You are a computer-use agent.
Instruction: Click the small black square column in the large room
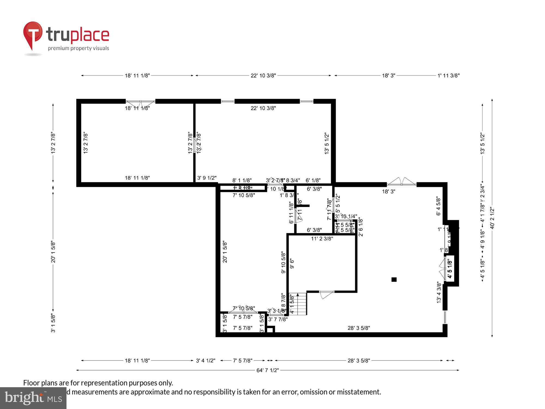pyautogui.click(x=394, y=279)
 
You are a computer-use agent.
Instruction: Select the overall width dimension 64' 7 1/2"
pyautogui.click(x=268, y=370)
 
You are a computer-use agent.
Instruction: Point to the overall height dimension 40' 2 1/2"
pyautogui.click(x=492, y=218)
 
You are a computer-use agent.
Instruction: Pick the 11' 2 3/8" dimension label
pyautogui.click(x=322, y=239)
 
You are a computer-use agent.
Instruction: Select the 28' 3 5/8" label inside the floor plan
pyautogui.click(x=359, y=328)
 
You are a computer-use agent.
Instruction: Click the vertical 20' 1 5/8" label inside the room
pyautogui.click(x=225, y=252)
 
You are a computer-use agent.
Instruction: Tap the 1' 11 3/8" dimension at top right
pyautogui.click(x=449, y=76)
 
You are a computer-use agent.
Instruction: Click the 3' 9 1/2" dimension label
pyautogui.click(x=207, y=178)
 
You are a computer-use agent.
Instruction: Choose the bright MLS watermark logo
pyautogui.click(x=33, y=398)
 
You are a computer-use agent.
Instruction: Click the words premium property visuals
pyautogui.click(x=78, y=48)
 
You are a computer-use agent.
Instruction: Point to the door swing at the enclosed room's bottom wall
pyautogui.click(x=326, y=294)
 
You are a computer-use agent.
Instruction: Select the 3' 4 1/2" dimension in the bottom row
pyautogui.click(x=205, y=360)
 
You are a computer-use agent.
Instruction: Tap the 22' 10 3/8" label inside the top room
pyautogui.click(x=263, y=108)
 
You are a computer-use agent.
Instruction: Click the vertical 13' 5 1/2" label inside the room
pyautogui.click(x=327, y=143)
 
